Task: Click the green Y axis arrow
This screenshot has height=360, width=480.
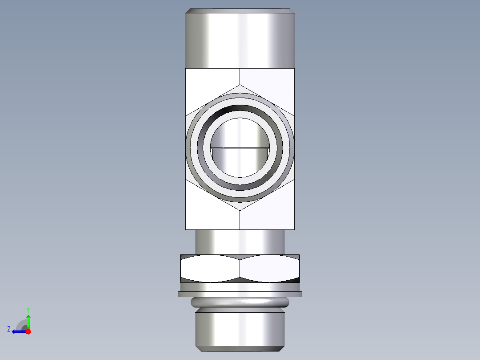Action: coord(28,321)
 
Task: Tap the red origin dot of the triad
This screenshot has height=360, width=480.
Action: coord(28,331)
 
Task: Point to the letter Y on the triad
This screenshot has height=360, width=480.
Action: coord(28,309)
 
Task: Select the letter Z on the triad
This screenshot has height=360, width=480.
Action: coord(9,329)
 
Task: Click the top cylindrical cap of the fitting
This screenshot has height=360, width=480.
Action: coord(240,40)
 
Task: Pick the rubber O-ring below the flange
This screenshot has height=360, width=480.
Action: coord(240,303)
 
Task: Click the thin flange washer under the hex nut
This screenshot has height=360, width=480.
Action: coord(240,294)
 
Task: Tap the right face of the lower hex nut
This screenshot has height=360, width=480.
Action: coord(269,268)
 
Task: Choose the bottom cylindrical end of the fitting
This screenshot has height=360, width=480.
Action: coord(240,330)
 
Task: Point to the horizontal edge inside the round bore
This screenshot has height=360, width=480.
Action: coord(240,147)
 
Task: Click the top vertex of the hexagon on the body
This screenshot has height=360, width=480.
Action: coord(240,85)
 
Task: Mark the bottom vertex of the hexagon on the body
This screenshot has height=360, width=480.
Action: coord(240,210)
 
